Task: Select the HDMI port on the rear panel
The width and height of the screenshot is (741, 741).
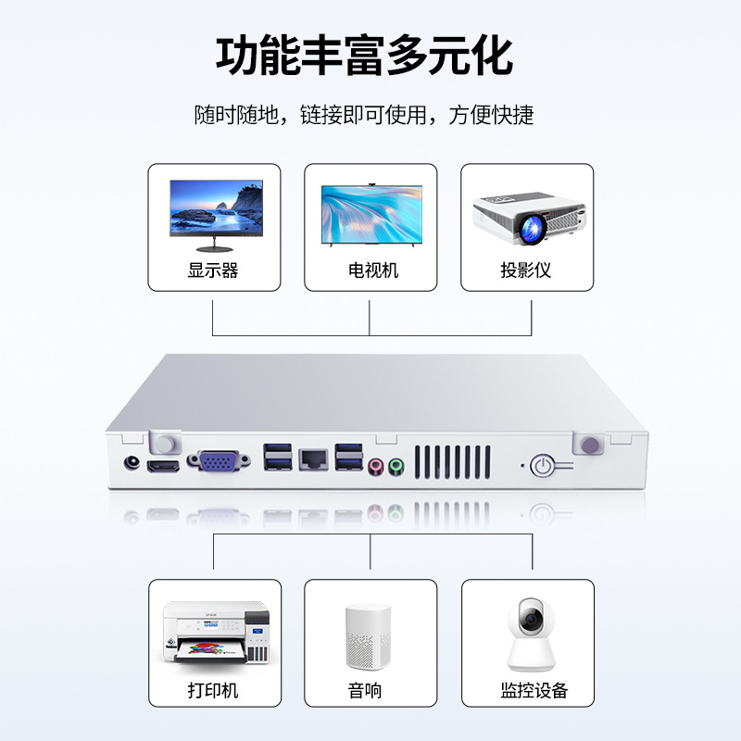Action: coord(166,467)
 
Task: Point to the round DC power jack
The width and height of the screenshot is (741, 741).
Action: coord(133,463)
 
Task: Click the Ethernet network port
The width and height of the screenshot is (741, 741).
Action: coord(312,458)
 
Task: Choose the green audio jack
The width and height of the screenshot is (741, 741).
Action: coord(396,465)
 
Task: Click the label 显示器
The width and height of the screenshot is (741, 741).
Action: coord(214,270)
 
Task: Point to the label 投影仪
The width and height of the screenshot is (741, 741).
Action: coord(526,270)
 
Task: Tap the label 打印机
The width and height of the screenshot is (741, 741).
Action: coord(214,690)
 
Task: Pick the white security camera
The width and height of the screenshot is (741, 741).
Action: coord(530,637)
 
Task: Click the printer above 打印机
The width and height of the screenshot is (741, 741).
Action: coord(215,632)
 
